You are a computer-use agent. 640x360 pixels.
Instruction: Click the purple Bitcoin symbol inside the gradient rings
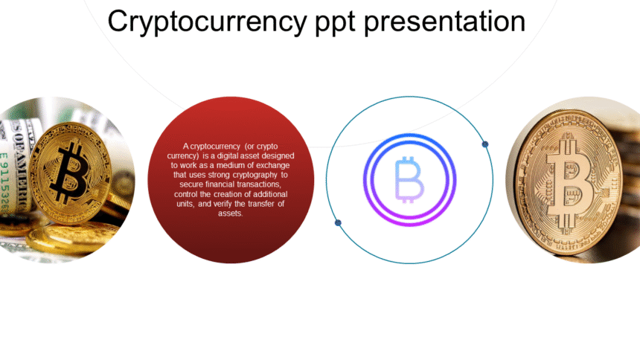[409, 179]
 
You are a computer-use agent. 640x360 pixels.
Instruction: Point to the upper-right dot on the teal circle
[485, 144]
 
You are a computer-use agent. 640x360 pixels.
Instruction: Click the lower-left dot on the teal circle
[338, 222]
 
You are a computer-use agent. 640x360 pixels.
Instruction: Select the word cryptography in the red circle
[255, 175]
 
